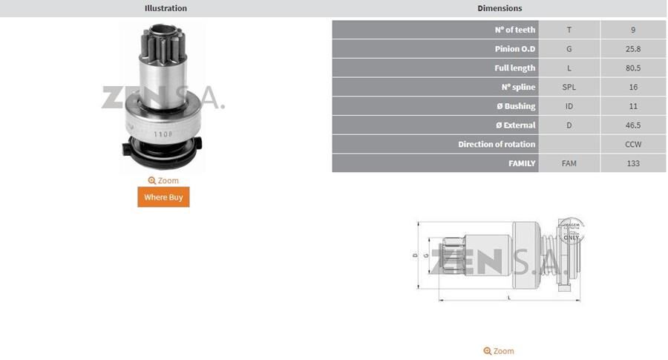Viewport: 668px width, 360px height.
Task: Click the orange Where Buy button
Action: click(163, 197)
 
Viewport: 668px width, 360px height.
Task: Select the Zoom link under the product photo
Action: click(163, 180)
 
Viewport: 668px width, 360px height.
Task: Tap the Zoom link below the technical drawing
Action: click(499, 351)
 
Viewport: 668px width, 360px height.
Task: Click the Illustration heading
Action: click(166, 8)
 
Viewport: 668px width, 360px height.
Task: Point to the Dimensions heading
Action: click(499, 8)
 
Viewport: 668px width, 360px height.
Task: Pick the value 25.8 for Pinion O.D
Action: click(633, 49)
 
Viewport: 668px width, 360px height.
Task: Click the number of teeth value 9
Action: click(633, 30)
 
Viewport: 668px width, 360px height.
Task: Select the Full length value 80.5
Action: click(633, 68)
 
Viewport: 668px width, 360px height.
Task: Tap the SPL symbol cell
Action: click(569, 87)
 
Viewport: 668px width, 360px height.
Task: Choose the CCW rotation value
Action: click(633, 144)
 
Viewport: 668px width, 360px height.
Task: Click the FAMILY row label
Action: click(521, 163)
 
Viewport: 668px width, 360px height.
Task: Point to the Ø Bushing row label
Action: click(515, 106)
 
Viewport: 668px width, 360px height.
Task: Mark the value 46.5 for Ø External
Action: click(633, 125)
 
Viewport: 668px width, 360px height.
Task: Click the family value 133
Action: click(633, 163)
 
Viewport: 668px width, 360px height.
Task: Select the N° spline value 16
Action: click(633, 87)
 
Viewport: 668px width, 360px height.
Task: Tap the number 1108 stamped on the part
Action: click(163, 134)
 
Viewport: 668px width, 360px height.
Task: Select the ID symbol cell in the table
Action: click(569, 106)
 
